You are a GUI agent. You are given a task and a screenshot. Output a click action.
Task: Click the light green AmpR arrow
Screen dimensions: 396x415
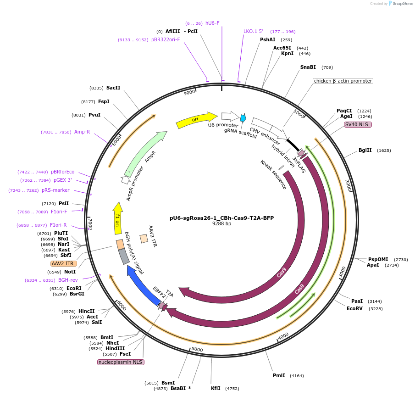(x=145, y=151)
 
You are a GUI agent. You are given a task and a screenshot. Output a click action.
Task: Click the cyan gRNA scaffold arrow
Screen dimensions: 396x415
(x=243, y=118)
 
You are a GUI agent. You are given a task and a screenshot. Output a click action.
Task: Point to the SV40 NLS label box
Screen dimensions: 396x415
(x=358, y=124)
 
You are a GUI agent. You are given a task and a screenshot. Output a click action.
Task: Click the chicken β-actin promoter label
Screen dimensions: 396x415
(x=343, y=81)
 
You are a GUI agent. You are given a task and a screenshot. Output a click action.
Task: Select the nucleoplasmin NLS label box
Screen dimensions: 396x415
(x=121, y=362)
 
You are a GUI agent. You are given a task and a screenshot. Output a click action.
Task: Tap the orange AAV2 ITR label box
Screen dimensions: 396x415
(x=64, y=263)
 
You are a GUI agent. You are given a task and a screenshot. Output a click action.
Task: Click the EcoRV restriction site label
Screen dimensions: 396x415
(x=354, y=308)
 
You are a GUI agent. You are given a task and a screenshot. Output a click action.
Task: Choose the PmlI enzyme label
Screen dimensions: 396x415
(x=279, y=375)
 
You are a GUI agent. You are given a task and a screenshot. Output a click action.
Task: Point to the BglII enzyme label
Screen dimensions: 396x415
(x=365, y=150)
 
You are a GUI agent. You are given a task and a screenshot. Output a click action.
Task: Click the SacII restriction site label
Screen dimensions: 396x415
(x=113, y=88)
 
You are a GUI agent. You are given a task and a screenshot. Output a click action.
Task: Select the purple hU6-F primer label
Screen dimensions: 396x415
(x=212, y=23)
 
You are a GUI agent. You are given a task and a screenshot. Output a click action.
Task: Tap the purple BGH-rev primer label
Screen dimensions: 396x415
(x=68, y=280)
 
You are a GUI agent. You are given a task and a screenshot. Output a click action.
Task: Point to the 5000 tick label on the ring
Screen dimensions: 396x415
(x=197, y=350)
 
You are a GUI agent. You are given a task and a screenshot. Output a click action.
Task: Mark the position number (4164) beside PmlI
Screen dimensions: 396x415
(x=297, y=375)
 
